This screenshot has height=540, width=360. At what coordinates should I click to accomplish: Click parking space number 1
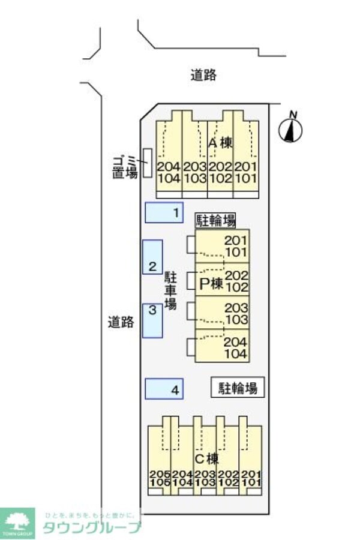(x=164, y=212)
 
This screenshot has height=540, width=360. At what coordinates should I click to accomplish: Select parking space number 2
(x=152, y=257)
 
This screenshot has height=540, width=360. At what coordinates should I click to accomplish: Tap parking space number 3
(x=152, y=320)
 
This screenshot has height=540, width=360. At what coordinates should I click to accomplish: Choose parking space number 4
(x=164, y=389)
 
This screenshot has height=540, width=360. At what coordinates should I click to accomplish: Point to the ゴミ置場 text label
(x=125, y=166)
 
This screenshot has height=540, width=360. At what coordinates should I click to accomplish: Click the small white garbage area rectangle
(x=147, y=163)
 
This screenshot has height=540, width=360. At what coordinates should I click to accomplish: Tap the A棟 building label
(x=220, y=143)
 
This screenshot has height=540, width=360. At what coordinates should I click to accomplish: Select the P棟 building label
(x=211, y=284)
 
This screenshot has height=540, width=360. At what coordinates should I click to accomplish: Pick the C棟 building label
(x=207, y=459)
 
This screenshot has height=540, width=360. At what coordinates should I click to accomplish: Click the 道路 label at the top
(x=203, y=76)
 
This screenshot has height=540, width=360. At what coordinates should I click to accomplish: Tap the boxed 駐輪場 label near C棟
(x=237, y=388)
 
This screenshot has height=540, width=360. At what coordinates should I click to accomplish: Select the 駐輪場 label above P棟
(x=215, y=220)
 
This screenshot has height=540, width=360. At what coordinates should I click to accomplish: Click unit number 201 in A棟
(x=245, y=166)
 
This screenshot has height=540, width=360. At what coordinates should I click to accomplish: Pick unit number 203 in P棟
(x=236, y=308)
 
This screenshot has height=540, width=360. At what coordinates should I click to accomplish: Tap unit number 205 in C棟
(x=158, y=473)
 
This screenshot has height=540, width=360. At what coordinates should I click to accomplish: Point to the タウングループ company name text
(x=91, y=527)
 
